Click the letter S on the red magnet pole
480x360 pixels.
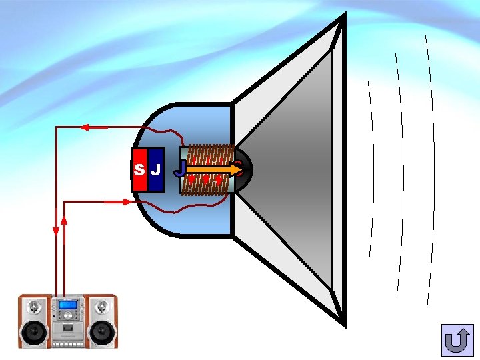(x=139, y=169)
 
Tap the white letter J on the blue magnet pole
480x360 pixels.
(x=155, y=169)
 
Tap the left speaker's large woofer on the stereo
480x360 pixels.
(x=34, y=331)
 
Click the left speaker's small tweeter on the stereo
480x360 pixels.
(x=34, y=307)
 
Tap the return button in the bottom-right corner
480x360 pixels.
(x=457, y=341)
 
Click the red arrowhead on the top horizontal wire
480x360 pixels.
(x=85, y=127)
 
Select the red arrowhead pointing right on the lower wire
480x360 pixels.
(x=127, y=202)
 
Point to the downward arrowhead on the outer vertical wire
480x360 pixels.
(x=56, y=231)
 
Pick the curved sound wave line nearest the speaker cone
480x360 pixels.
(x=371, y=167)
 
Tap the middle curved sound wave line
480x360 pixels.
(x=401, y=167)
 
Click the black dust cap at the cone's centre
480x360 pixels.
(x=241, y=169)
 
